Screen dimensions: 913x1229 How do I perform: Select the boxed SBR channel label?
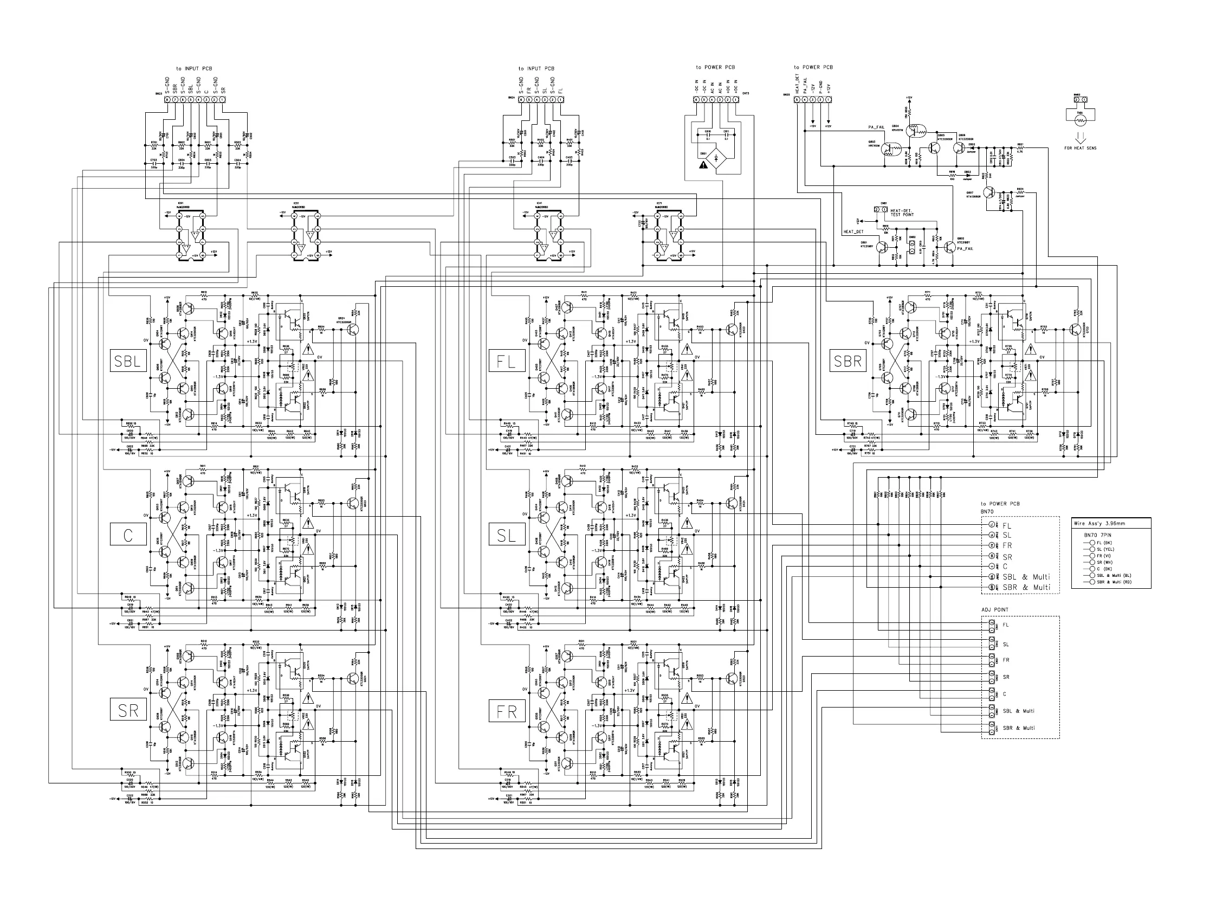848,362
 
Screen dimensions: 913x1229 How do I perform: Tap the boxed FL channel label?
507,362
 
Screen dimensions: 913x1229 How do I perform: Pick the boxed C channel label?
128,535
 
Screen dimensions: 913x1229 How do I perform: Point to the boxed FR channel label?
507,712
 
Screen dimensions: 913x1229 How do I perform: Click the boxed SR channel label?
128,711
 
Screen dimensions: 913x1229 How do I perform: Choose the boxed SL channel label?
507,535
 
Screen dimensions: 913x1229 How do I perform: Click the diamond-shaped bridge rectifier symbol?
716,158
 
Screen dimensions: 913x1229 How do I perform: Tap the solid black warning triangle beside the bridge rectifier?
703,164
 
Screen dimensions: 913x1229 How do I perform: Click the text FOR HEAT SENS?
1080,148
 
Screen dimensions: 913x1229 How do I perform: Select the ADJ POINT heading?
994,609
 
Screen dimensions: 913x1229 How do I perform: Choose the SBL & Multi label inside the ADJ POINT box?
1019,711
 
